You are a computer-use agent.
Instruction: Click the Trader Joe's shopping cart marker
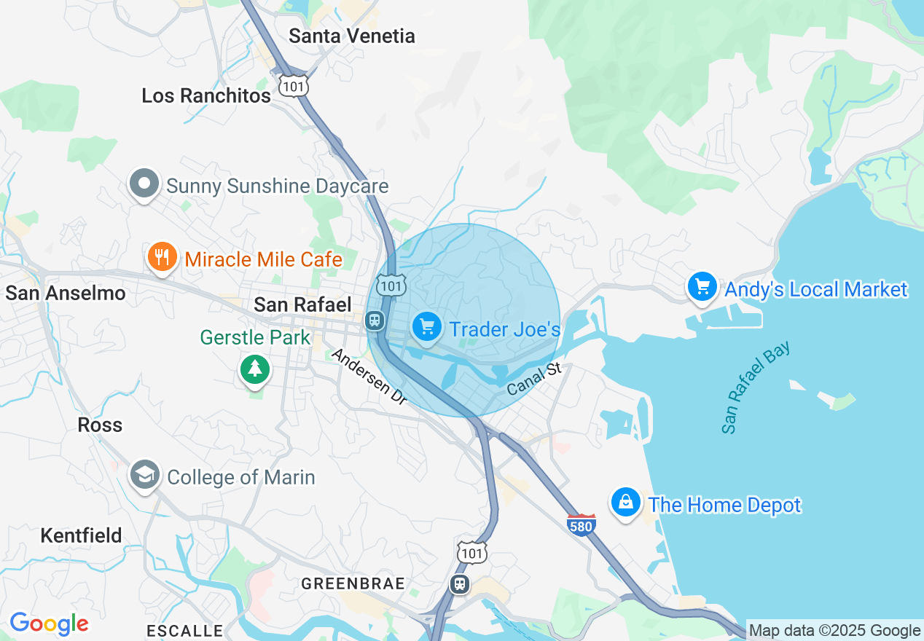pyautogui.click(x=427, y=326)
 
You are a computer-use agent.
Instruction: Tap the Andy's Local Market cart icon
pyautogui.click(x=702, y=287)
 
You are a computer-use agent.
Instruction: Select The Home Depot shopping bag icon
pyautogui.click(x=625, y=503)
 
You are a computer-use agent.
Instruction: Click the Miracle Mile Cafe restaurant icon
pyautogui.click(x=162, y=257)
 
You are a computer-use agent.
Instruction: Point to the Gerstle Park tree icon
pyautogui.click(x=254, y=369)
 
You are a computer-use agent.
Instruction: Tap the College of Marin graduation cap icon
pyautogui.click(x=144, y=475)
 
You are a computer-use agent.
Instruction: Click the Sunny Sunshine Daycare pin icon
pyautogui.click(x=144, y=184)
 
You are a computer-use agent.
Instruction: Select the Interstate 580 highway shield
pyautogui.click(x=581, y=524)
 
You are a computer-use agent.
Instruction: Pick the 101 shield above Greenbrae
pyautogui.click(x=472, y=553)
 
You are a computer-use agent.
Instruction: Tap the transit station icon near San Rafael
pyautogui.click(x=375, y=320)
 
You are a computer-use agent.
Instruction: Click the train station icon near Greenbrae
pyautogui.click(x=459, y=584)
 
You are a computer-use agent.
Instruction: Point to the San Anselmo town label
pyautogui.click(x=66, y=293)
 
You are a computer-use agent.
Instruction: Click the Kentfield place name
pyautogui.click(x=81, y=535)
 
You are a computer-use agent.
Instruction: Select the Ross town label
pyautogui.click(x=100, y=425)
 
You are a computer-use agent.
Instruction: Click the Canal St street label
pyautogui.click(x=535, y=380)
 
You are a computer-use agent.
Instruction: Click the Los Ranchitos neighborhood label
pyautogui.click(x=206, y=95)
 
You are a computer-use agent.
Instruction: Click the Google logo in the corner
pyautogui.click(x=49, y=624)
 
